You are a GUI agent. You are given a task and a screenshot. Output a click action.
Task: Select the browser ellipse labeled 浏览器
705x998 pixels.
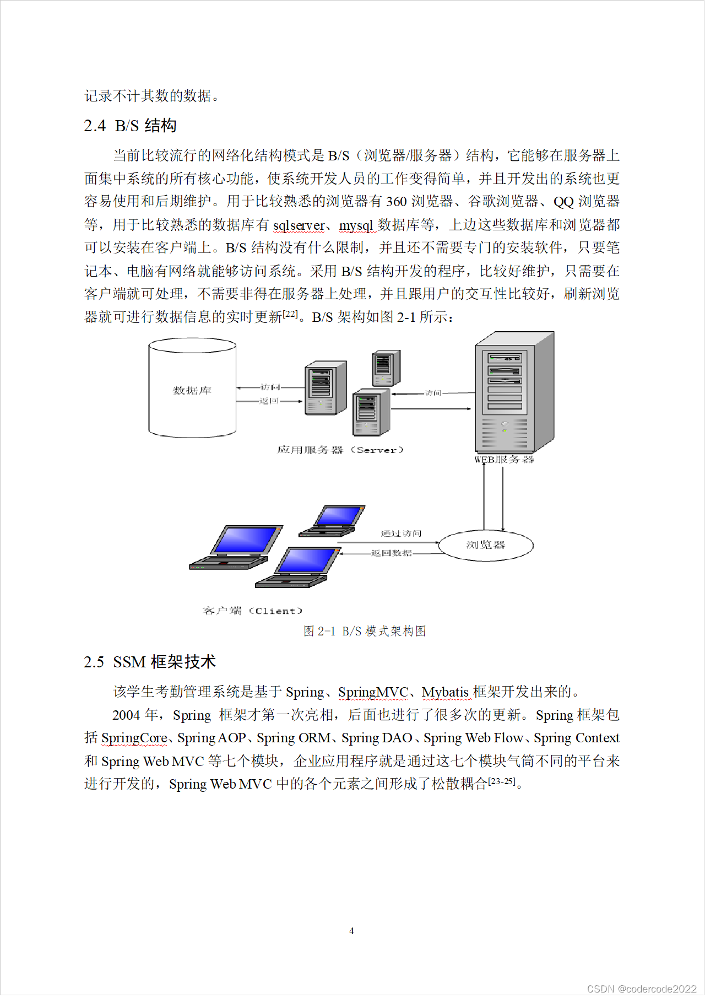pos(486,545)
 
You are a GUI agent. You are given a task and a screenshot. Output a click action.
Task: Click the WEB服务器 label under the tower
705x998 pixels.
pos(504,460)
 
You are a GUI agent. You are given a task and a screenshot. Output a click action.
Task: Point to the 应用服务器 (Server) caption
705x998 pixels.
pos(340,450)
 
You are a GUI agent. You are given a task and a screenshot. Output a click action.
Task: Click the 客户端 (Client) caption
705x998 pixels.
pos(252,611)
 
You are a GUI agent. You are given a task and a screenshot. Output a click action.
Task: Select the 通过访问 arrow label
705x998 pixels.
pos(401,533)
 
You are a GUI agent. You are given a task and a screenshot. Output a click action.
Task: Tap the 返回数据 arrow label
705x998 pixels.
pos(391,553)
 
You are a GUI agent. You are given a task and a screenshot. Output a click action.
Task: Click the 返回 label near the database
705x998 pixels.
pos(269,401)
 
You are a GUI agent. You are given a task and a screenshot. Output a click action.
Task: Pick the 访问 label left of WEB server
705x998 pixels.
pos(433,393)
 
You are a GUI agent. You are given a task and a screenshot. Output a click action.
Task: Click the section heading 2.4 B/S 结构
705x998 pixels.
pos(130,126)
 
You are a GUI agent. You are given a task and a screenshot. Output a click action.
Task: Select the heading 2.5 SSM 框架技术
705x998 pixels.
pos(149,662)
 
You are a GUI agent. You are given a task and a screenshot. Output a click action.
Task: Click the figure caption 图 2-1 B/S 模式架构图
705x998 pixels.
pos(365,631)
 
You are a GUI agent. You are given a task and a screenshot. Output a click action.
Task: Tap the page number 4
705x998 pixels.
pos(351,931)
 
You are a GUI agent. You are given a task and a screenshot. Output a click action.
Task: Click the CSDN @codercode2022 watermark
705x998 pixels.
pos(642,989)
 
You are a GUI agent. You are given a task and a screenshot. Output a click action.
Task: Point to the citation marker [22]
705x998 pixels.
pos(290,314)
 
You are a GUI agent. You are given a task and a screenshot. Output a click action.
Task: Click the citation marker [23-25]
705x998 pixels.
pos(501,781)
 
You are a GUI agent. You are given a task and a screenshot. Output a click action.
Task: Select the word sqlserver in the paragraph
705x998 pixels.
pos(299,225)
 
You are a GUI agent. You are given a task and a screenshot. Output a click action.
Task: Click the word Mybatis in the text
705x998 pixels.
pos(445,692)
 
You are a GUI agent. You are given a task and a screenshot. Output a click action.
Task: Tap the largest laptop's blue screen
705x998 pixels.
pos(246,540)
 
